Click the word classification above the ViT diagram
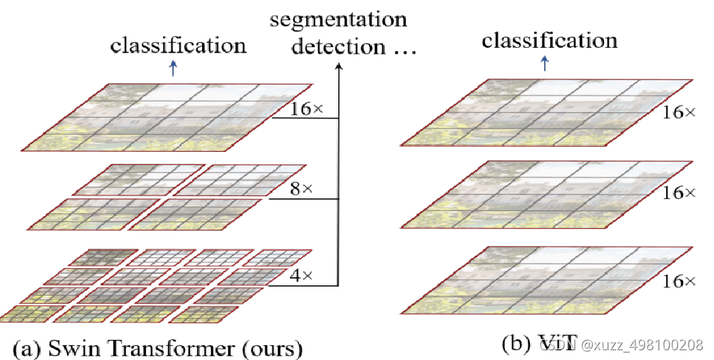tap(549, 40)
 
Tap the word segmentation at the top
tap(338, 17)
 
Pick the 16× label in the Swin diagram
tap(307, 109)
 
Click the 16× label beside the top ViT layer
tap(679, 112)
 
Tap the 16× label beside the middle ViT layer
tap(679, 193)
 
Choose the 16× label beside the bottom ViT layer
tap(679, 281)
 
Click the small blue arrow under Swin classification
tap(174, 68)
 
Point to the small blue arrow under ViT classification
tap(544, 64)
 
